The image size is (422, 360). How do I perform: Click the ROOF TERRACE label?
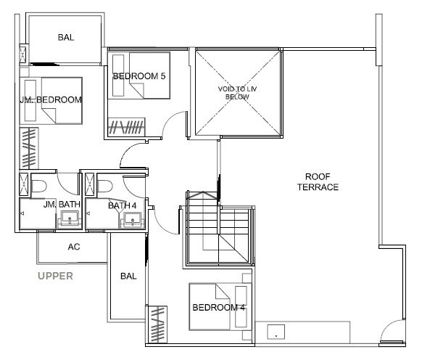318,182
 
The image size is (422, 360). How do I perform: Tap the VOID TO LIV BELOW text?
237,93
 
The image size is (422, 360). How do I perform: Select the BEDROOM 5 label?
139,76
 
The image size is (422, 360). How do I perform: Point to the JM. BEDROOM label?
51,99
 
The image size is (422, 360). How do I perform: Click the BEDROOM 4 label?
219,307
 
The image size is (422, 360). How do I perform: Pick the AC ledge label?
74,247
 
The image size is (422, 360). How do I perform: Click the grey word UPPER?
55,276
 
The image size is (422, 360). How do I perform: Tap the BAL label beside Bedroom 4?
128,276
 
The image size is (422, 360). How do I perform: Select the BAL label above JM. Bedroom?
66,37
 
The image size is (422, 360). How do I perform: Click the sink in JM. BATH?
70,218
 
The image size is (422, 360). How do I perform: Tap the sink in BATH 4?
132,220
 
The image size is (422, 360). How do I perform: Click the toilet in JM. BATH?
39,187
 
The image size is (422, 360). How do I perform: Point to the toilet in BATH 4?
105,187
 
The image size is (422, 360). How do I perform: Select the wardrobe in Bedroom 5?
126,126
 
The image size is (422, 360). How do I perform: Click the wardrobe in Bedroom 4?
157,324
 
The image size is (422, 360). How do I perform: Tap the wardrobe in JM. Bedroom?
29,148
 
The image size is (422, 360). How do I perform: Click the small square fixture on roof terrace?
276,332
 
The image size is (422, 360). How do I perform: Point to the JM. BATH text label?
62,205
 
